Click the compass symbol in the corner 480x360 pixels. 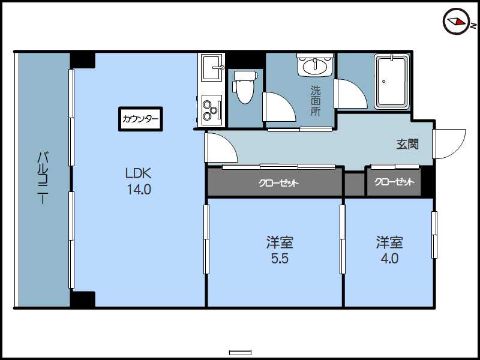click(x=457, y=22)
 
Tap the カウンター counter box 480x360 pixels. click(x=140, y=119)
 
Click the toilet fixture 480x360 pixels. click(x=244, y=87)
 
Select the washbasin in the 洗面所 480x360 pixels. click(x=315, y=65)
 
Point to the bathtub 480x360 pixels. click(x=392, y=82)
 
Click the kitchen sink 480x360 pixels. click(x=211, y=68)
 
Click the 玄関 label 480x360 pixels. click(x=407, y=144)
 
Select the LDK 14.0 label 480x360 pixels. click(x=139, y=182)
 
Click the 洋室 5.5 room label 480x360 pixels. click(x=280, y=250)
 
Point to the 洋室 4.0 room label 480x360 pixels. click(x=389, y=250)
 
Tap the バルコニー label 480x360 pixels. click(x=43, y=178)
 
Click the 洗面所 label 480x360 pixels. click(x=316, y=101)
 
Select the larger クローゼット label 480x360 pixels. click(x=278, y=183)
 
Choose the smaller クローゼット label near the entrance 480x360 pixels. click(x=394, y=182)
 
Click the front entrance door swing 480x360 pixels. click(x=449, y=144)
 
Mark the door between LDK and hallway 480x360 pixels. click(x=221, y=148)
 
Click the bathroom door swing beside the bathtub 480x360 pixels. click(x=350, y=94)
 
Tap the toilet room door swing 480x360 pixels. click(x=279, y=107)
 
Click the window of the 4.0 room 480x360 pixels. click(x=434, y=235)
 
